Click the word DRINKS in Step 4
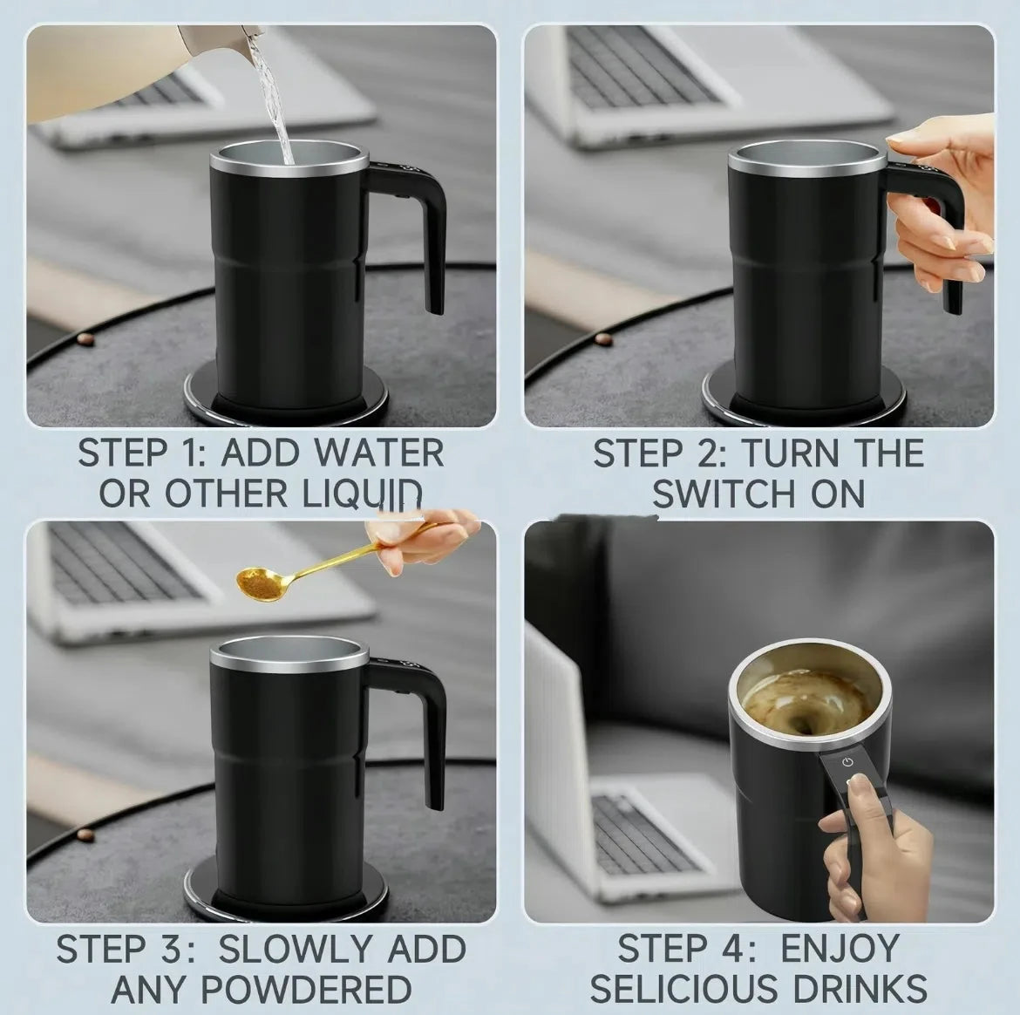860,989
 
